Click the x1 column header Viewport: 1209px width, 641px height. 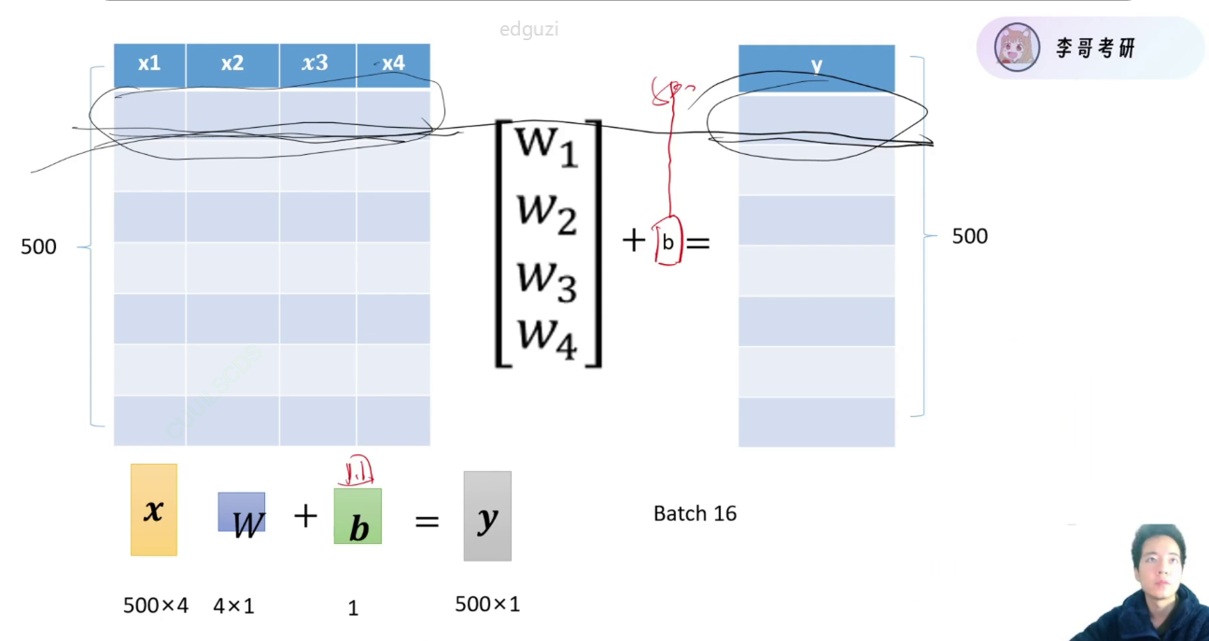(149, 64)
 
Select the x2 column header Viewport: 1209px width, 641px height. (232, 64)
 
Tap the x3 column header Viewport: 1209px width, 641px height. (316, 64)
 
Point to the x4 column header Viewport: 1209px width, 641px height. (393, 64)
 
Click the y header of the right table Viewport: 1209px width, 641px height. (816, 66)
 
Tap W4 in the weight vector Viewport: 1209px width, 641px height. (547, 336)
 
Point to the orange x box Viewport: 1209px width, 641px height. (154, 510)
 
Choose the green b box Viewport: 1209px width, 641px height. (358, 517)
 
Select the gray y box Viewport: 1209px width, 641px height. (487, 516)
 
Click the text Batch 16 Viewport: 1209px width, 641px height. (695, 513)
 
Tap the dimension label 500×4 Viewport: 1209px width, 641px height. (156, 606)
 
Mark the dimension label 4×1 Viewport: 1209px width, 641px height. (233, 606)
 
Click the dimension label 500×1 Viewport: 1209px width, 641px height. (487, 604)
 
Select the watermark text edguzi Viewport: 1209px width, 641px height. (528, 30)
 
